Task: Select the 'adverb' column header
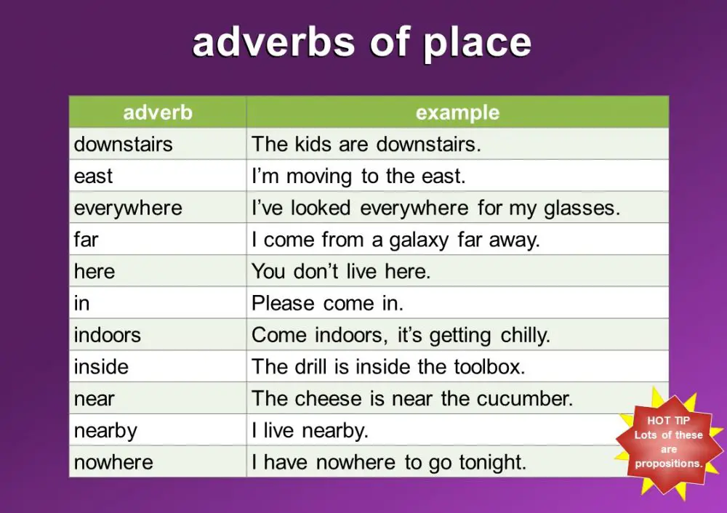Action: click(158, 113)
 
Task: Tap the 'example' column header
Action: click(457, 113)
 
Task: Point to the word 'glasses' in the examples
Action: click(582, 208)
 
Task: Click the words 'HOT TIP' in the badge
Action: click(668, 420)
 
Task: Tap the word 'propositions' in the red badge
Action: click(668, 464)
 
